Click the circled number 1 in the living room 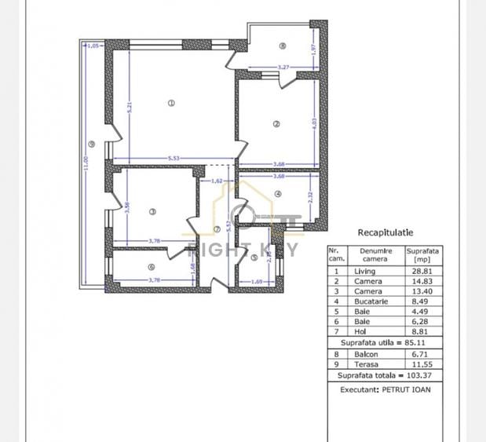point(170,103)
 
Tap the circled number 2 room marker point(276,123)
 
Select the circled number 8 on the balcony point(282,46)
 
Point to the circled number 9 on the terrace point(92,144)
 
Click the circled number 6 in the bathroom point(152,266)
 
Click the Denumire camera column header point(375,254)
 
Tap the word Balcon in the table point(365,354)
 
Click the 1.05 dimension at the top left point(93,46)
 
